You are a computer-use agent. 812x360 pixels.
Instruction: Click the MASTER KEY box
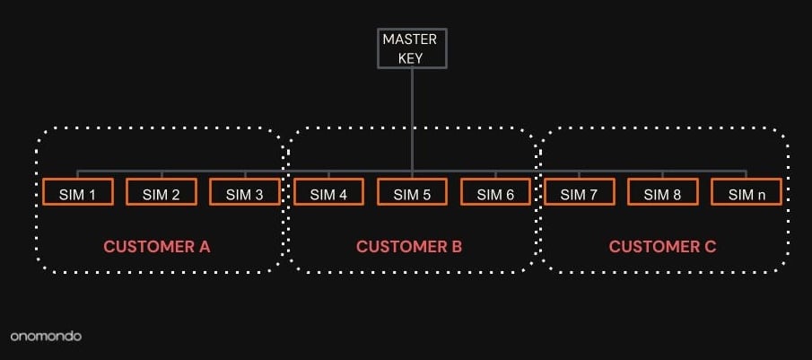point(412,48)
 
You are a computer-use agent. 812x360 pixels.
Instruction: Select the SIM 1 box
point(78,192)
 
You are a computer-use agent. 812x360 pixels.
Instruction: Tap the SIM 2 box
point(162,192)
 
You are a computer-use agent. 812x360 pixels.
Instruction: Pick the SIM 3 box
point(245,192)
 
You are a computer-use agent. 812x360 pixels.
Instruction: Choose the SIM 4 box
point(328,192)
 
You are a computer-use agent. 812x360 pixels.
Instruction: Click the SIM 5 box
point(412,192)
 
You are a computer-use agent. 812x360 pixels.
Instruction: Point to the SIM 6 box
point(495,192)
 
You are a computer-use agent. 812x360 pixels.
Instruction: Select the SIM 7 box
point(579,192)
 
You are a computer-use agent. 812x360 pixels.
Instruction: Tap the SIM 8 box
point(662,192)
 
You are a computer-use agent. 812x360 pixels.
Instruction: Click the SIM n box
point(746,192)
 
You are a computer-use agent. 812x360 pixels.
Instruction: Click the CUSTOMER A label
point(157,246)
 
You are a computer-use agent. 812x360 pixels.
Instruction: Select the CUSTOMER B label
point(409,246)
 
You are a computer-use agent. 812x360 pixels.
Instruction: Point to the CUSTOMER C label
point(662,246)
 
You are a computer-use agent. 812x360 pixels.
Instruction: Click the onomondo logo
point(46,336)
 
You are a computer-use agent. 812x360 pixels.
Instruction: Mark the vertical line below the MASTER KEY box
point(412,117)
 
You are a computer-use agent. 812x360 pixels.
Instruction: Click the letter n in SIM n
point(758,194)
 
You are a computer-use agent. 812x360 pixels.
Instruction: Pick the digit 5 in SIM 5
point(426,193)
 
